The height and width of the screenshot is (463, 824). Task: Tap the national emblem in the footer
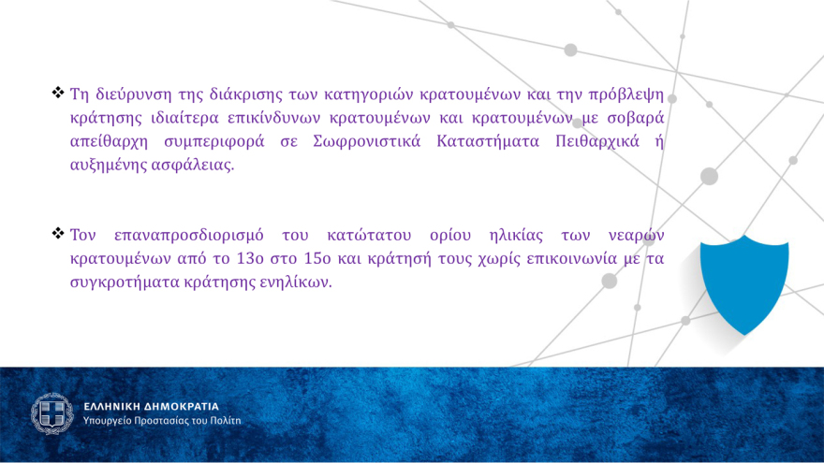[x=52, y=413]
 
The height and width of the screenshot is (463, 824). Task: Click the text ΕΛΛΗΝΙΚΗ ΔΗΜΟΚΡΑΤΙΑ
[x=151, y=407]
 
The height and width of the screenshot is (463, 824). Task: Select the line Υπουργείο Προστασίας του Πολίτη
[x=162, y=421]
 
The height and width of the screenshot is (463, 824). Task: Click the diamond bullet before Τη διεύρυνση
[x=58, y=93]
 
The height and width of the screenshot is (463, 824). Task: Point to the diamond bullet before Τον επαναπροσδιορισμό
[x=58, y=232]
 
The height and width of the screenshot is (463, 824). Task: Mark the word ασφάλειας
[x=193, y=166]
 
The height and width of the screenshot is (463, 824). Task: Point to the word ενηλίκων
[x=299, y=282]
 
